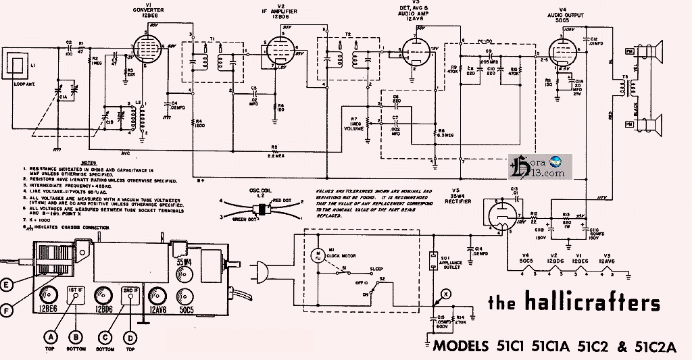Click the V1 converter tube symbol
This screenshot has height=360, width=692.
[150, 47]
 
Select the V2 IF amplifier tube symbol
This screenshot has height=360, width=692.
[280, 51]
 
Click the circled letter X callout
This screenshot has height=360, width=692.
[444, 292]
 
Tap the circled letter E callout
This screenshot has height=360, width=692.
[7, 284]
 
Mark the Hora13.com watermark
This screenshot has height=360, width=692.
[540, 166]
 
